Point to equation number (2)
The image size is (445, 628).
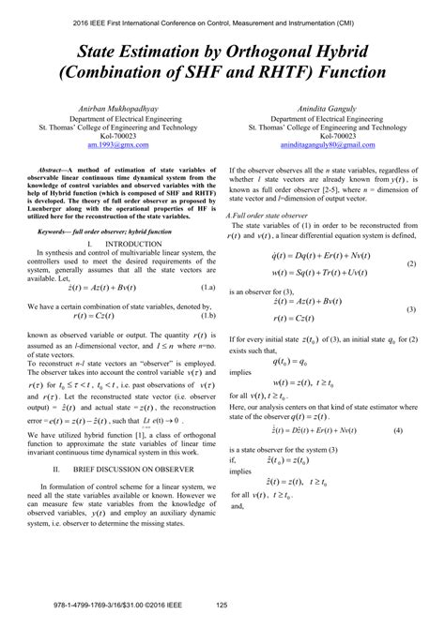[x=410, y=264]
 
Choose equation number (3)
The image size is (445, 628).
[x=410, y=308]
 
